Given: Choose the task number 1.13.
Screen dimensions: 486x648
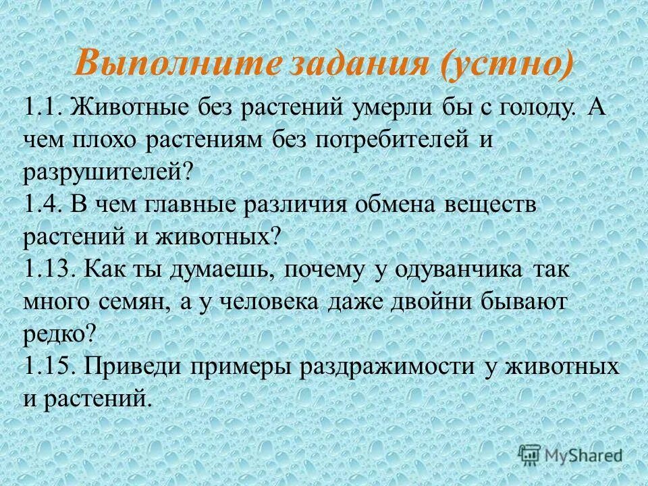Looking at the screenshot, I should [x=49, y=269].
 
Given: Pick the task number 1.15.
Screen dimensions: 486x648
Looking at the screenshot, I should [x=49, y=367].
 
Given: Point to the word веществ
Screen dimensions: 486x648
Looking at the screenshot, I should [x=491, y=205].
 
